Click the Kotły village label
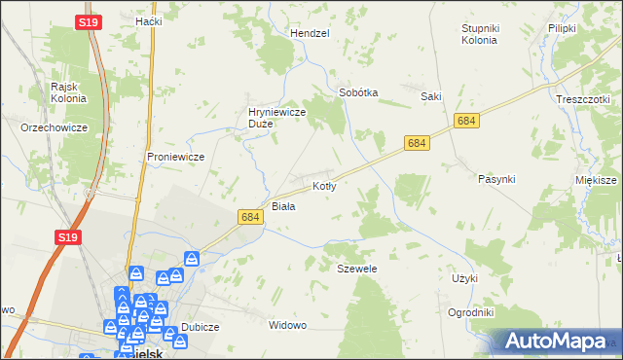tap(324, 185)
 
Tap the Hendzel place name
tap(310, 33)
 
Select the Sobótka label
tap(357, 92)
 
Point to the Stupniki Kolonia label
tap(479, 34)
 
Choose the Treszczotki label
tap(582, 99)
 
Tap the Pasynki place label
tap(496, 179)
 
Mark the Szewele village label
tap(356, 268)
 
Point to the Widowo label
tap(287, 324)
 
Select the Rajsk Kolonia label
tap(69, 91)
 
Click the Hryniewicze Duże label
tap(277, 118)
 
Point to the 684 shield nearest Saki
tap(466, 120)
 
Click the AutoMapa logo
tap(554, 341)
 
